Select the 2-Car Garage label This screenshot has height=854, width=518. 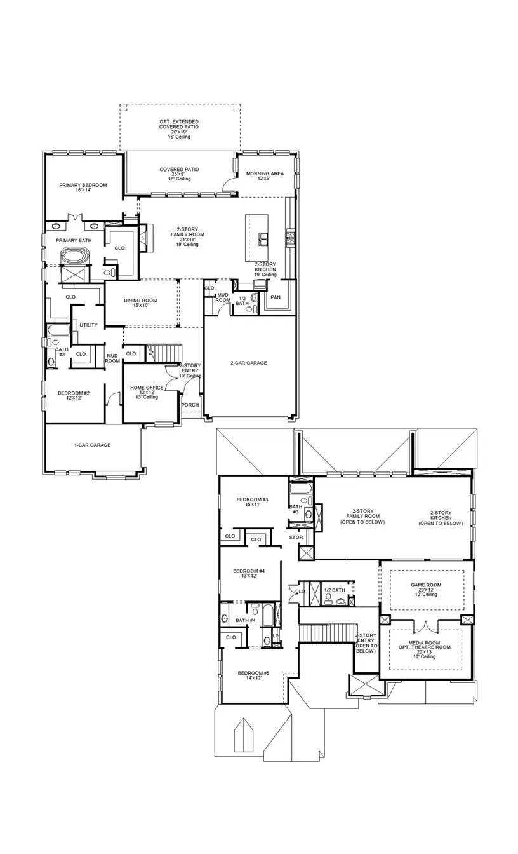pos(248,363)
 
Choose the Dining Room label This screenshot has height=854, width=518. pos(140,303)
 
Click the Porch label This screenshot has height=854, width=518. pos(190,405)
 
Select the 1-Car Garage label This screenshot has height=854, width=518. pos(92,445)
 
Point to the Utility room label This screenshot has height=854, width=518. pos(89,325)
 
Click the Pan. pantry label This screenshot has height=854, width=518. pos(276,297)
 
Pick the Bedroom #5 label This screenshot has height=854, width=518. pos(253,675)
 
